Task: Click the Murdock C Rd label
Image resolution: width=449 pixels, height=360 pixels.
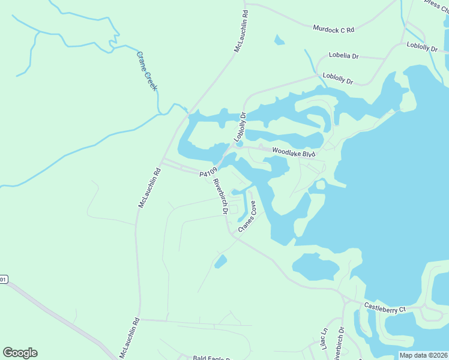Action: [334, 28]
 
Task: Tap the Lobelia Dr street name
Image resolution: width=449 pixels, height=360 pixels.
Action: [343, 56]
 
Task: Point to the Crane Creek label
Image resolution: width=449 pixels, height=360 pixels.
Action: [146, 71]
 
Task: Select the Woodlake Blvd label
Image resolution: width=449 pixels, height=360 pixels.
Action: [294, 153]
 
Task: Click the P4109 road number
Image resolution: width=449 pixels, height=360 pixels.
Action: [208, 173]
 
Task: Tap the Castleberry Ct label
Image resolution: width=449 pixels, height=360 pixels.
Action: [385, 307]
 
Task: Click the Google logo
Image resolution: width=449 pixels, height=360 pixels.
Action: [20, 353]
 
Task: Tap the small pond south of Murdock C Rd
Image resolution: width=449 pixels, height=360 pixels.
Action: [279, 41]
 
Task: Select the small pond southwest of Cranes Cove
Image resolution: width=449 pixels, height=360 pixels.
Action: [221, 262]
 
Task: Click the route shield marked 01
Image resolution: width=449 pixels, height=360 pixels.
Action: [4, 280]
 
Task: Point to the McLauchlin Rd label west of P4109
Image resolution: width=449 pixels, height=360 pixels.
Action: [151, 187]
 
